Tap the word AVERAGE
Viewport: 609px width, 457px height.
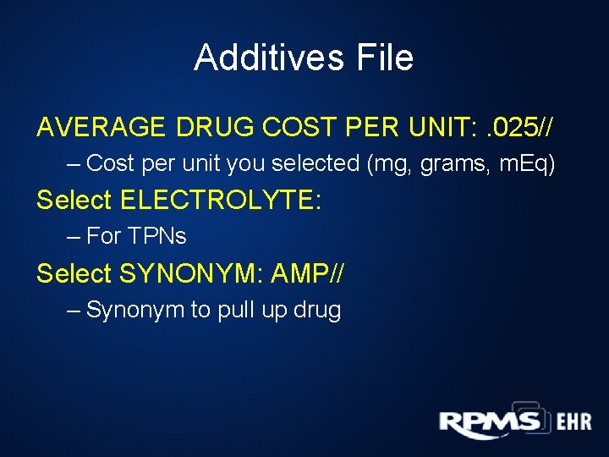point(102,127)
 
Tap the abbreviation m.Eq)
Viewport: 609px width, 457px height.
point(524,163)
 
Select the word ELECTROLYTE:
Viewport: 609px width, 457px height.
point(220,201)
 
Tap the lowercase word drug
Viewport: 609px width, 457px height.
point(316,311)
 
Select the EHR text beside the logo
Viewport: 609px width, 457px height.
point(574,422)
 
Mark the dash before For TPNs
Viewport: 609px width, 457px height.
point(74,236)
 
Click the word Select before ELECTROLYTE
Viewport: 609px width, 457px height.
point(74,201)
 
